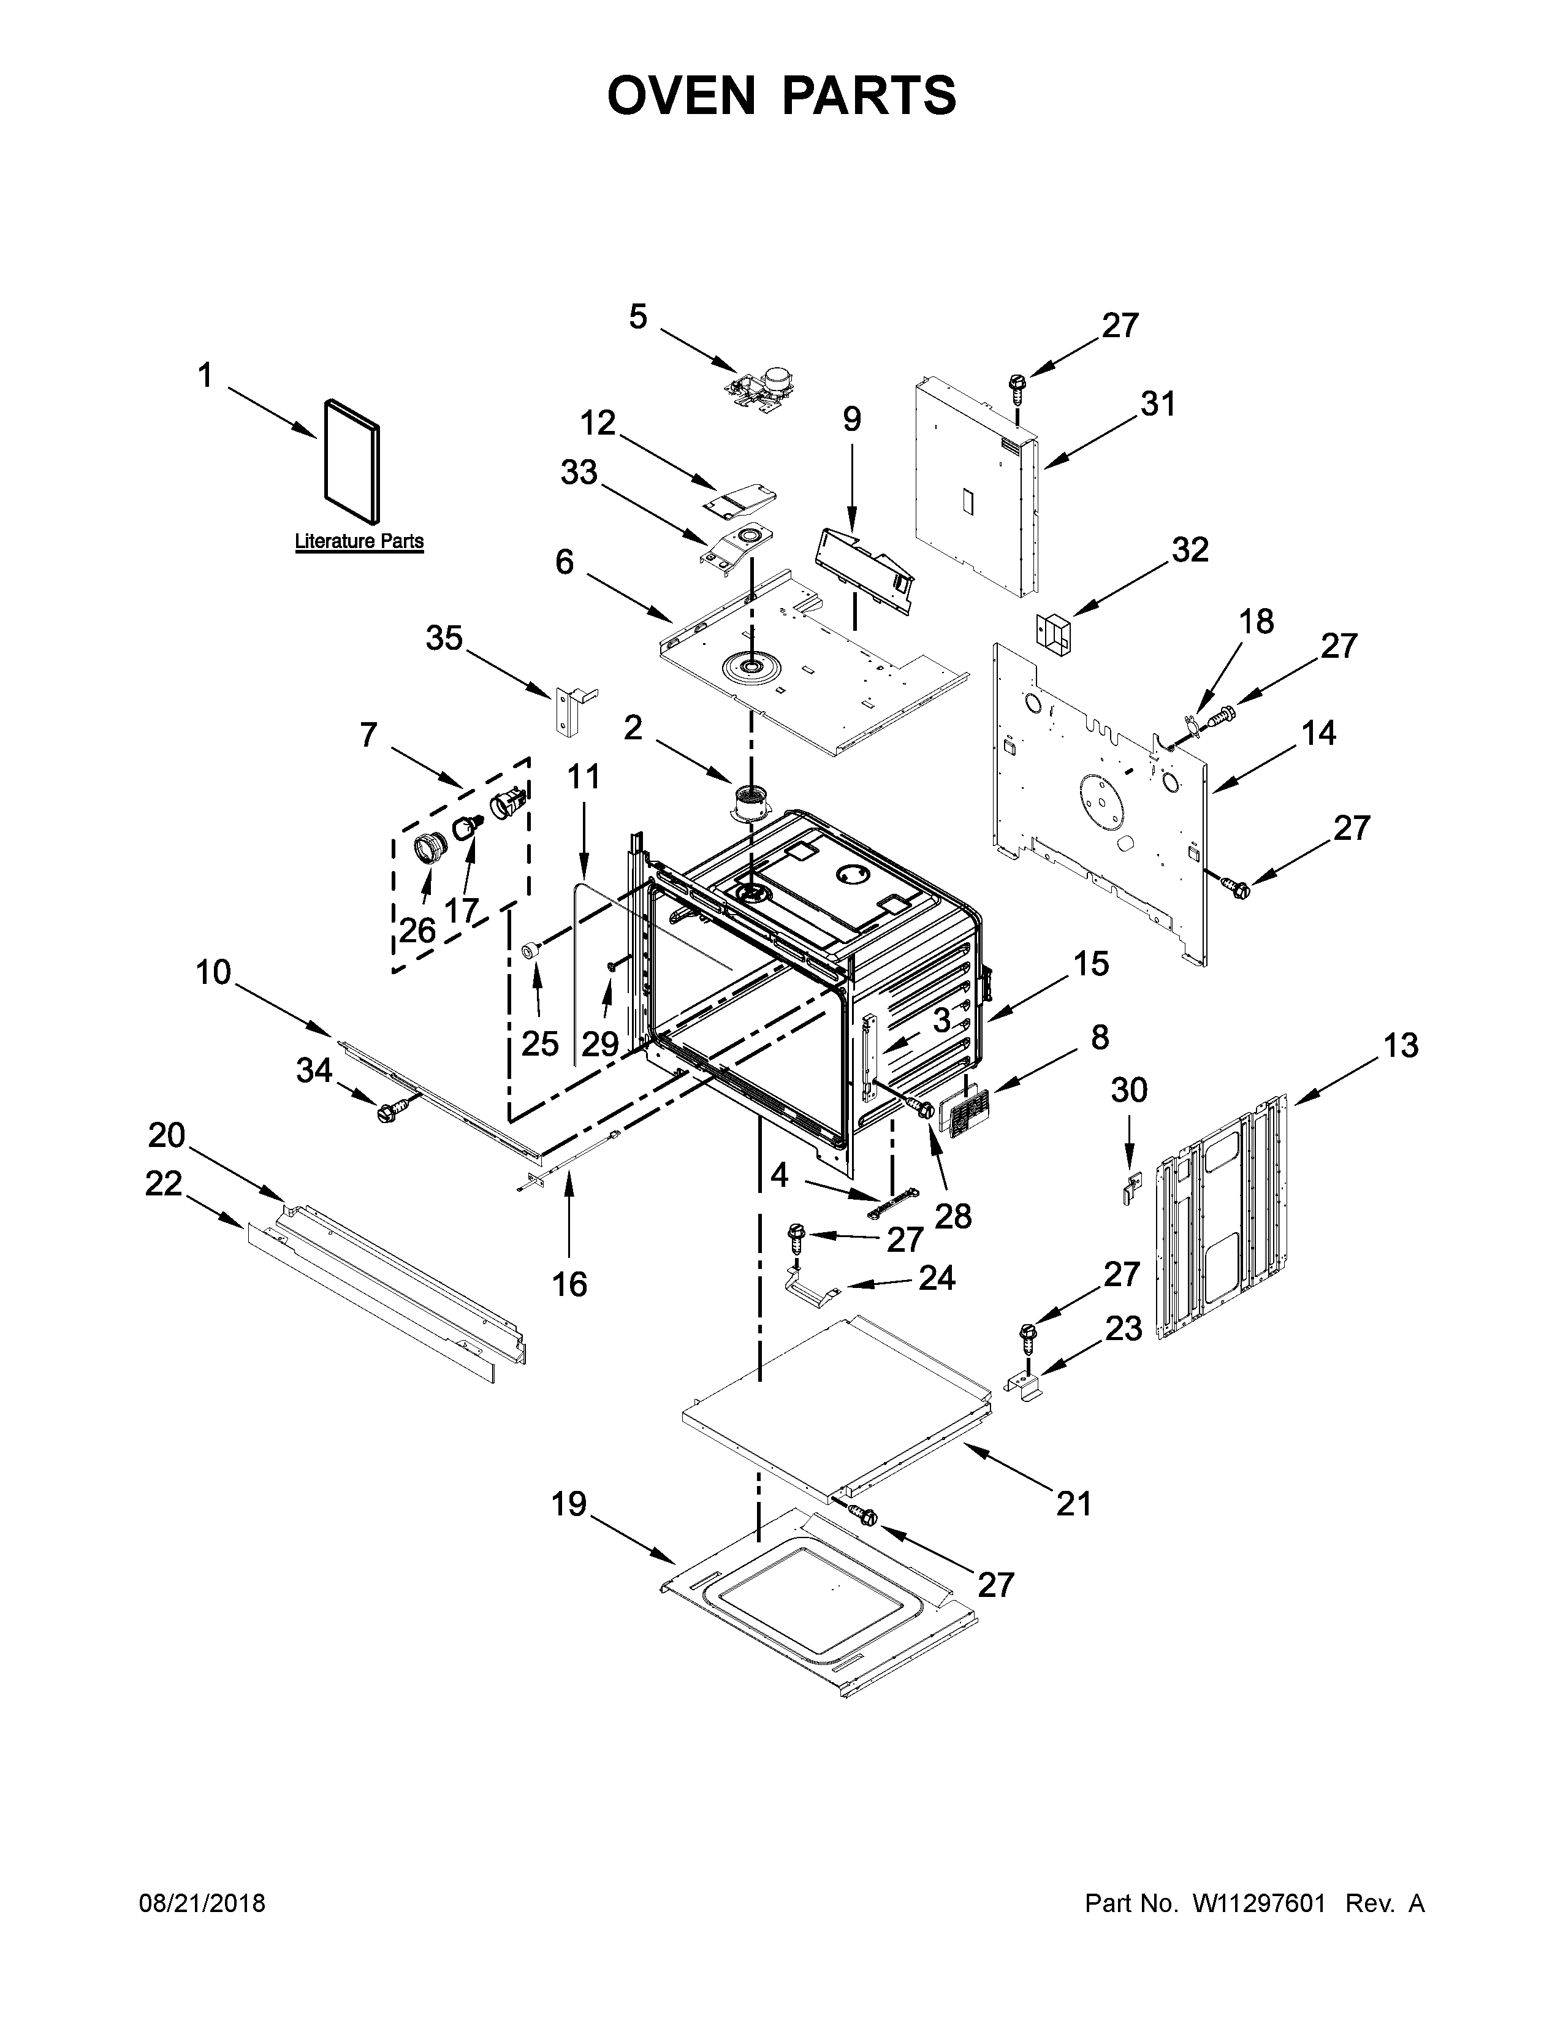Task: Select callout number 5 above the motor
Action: click(638, 317)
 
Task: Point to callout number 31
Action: click(1157, 404)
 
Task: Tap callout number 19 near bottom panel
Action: click(569, 1504)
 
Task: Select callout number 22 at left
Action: click(163, 1183)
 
